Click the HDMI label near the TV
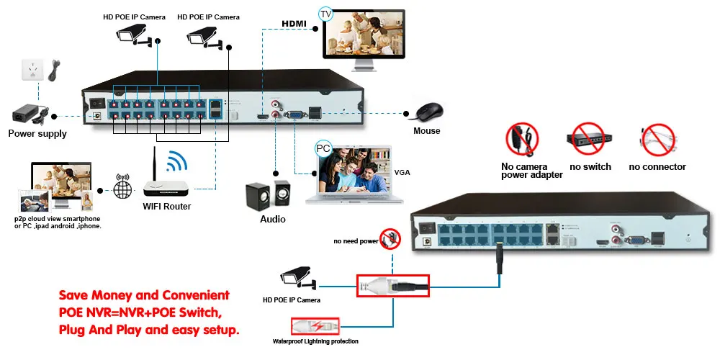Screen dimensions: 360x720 click(x=294, y=24)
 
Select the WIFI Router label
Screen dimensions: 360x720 click(x=167, y=207)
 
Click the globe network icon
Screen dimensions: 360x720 click(x=123, y=189)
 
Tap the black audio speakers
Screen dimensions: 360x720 click(x=268, y=194)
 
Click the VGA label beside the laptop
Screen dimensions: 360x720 click(x=402, y=173)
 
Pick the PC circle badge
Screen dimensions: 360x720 click(x=324, y=149)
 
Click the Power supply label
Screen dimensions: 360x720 click(x=37, y=133)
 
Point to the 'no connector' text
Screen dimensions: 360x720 click(x=657, y=167)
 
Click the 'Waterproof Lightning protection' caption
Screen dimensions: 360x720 click(x=315, y=341)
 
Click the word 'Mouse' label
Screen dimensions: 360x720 click(x=426, y=131)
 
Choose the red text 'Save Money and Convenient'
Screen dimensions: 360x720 click(x=144, y=295)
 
